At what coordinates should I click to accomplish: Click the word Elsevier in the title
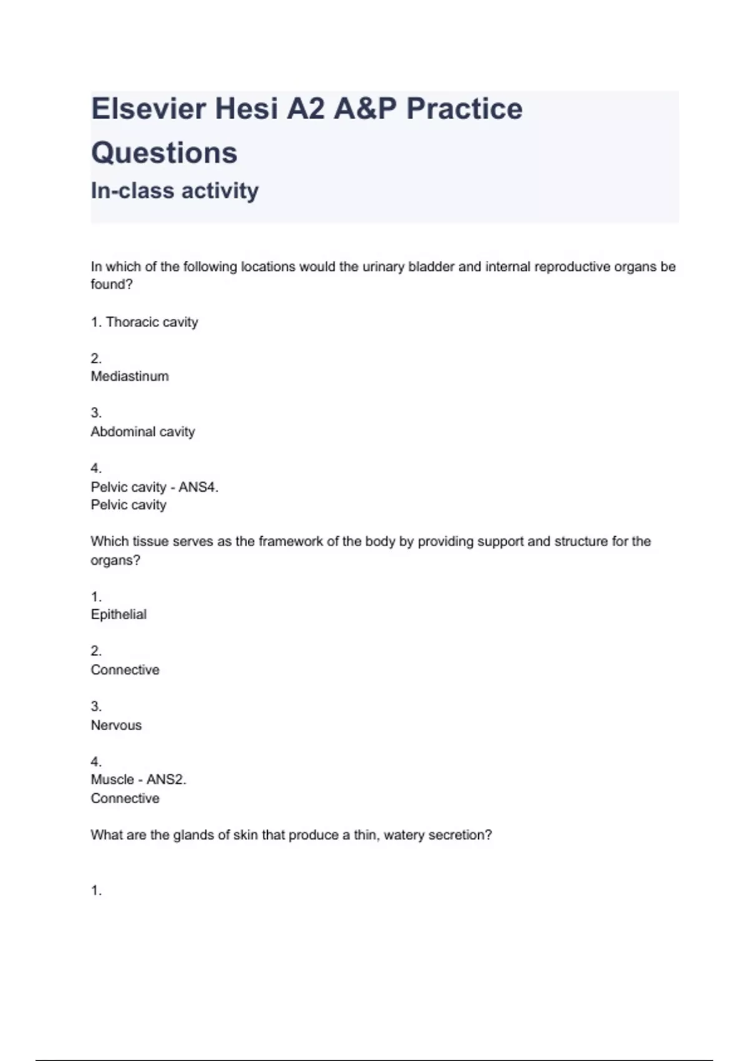tap(149, 109)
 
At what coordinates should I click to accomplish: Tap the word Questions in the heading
tap(164, 153)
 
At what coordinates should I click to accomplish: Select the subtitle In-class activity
tap(175, 190)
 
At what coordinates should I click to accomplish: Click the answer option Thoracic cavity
tap(152, 322)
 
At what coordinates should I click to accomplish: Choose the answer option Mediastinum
tap(130, 376)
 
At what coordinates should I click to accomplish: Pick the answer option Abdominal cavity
tap(143, 432)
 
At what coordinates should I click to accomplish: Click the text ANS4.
tap(198, 487)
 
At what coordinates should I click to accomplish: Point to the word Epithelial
tap(119, 615)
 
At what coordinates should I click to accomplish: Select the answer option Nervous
tap(116, 725)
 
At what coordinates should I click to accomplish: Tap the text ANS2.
tap(166, 780)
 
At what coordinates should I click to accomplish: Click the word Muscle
tap(112, 780)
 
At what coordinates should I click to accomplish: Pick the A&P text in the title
tap(365, 109)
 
